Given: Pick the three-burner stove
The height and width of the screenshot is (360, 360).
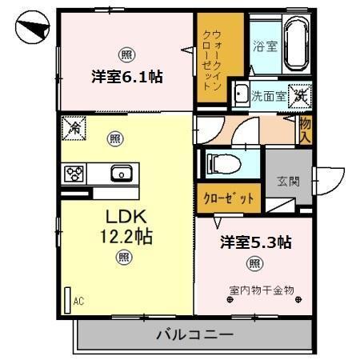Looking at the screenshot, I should (74, 173).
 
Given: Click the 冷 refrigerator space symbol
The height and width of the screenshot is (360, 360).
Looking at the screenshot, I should (74, 126).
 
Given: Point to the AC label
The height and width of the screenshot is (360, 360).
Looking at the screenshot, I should (78, 301).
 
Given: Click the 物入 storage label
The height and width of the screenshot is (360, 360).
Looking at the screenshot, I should (305, 127).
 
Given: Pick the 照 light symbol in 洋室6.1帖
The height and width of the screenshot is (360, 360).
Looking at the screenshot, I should (126, 54).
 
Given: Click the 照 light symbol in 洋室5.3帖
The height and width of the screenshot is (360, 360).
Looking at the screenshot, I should (254, 264).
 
